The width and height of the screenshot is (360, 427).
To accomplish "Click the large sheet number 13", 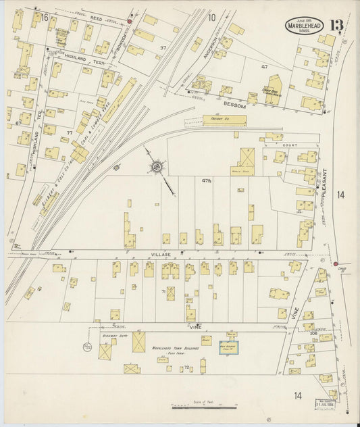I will [x=337, y=26].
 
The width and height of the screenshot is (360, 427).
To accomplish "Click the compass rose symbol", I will [x=156, y=165].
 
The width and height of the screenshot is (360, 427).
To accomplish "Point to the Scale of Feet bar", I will [x=204, y=406].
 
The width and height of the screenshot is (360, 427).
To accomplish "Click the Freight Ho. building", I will [x=215, y=122].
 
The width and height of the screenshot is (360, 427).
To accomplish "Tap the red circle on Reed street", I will [x=128, y=22].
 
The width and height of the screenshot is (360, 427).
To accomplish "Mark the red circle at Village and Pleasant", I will [x=335, y=263].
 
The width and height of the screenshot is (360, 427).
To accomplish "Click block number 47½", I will [x=207, y=181].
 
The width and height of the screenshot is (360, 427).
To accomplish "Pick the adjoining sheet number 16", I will [x=45, y=17].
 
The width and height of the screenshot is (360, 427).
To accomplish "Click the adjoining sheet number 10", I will [x=211, y=18].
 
